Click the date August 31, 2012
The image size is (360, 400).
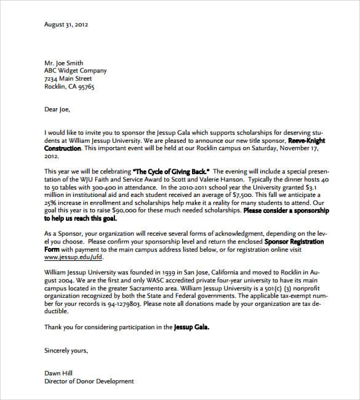coord(66,25)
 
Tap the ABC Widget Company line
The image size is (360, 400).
coord(75,71)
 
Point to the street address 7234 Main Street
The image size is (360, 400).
coord(68,79)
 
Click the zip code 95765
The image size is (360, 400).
coord(86,87)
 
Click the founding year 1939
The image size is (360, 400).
coord(170,271)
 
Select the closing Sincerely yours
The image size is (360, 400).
coord(66,350)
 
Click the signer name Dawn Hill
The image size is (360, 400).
coord(59,373)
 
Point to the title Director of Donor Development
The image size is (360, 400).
coord(89,381)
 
